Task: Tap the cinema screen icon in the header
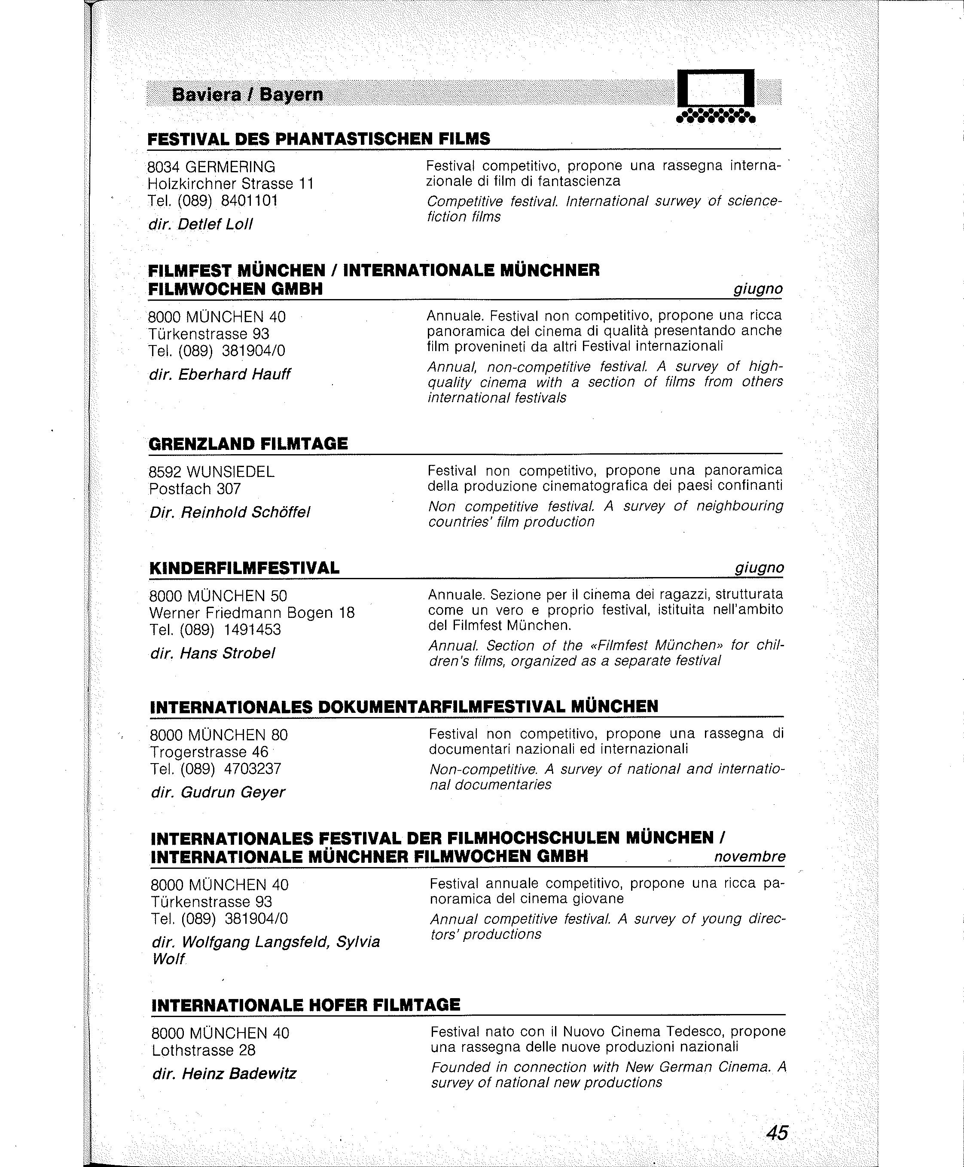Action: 715,95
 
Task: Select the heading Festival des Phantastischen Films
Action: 319,139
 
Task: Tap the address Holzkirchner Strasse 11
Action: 230,184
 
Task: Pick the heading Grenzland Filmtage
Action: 248,444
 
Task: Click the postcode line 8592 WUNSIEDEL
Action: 211,472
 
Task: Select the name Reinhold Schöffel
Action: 245,512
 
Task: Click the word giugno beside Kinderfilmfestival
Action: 759,568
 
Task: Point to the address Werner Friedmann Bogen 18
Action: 252,613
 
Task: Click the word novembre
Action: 749,856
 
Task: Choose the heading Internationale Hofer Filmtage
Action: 305,1005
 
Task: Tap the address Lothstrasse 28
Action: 203,1051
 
